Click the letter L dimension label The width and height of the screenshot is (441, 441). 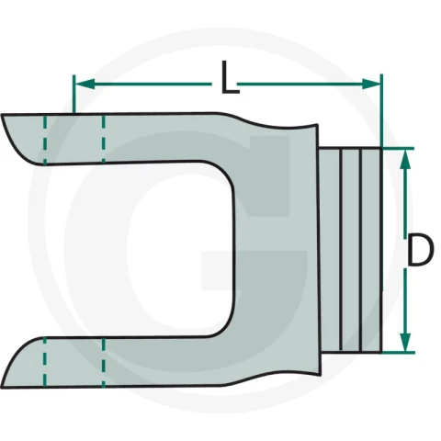click(x=230, y=77)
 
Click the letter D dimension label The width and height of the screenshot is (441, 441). click(x=420, y=250)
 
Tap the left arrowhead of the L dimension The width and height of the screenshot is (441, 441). click(x=85, y=84)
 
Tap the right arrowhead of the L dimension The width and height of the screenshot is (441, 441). click(x=371, y=84)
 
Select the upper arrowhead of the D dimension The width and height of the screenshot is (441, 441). click(x=405, y=159)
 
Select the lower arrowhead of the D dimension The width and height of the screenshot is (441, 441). click(x=405, y=342)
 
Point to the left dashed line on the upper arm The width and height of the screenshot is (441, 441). click(x=45, y=140)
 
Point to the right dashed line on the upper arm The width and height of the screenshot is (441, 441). click(x=103, y=139)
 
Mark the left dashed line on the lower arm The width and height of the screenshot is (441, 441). click(x=45, y=362)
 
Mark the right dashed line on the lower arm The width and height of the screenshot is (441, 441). click(x=103, y=362)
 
